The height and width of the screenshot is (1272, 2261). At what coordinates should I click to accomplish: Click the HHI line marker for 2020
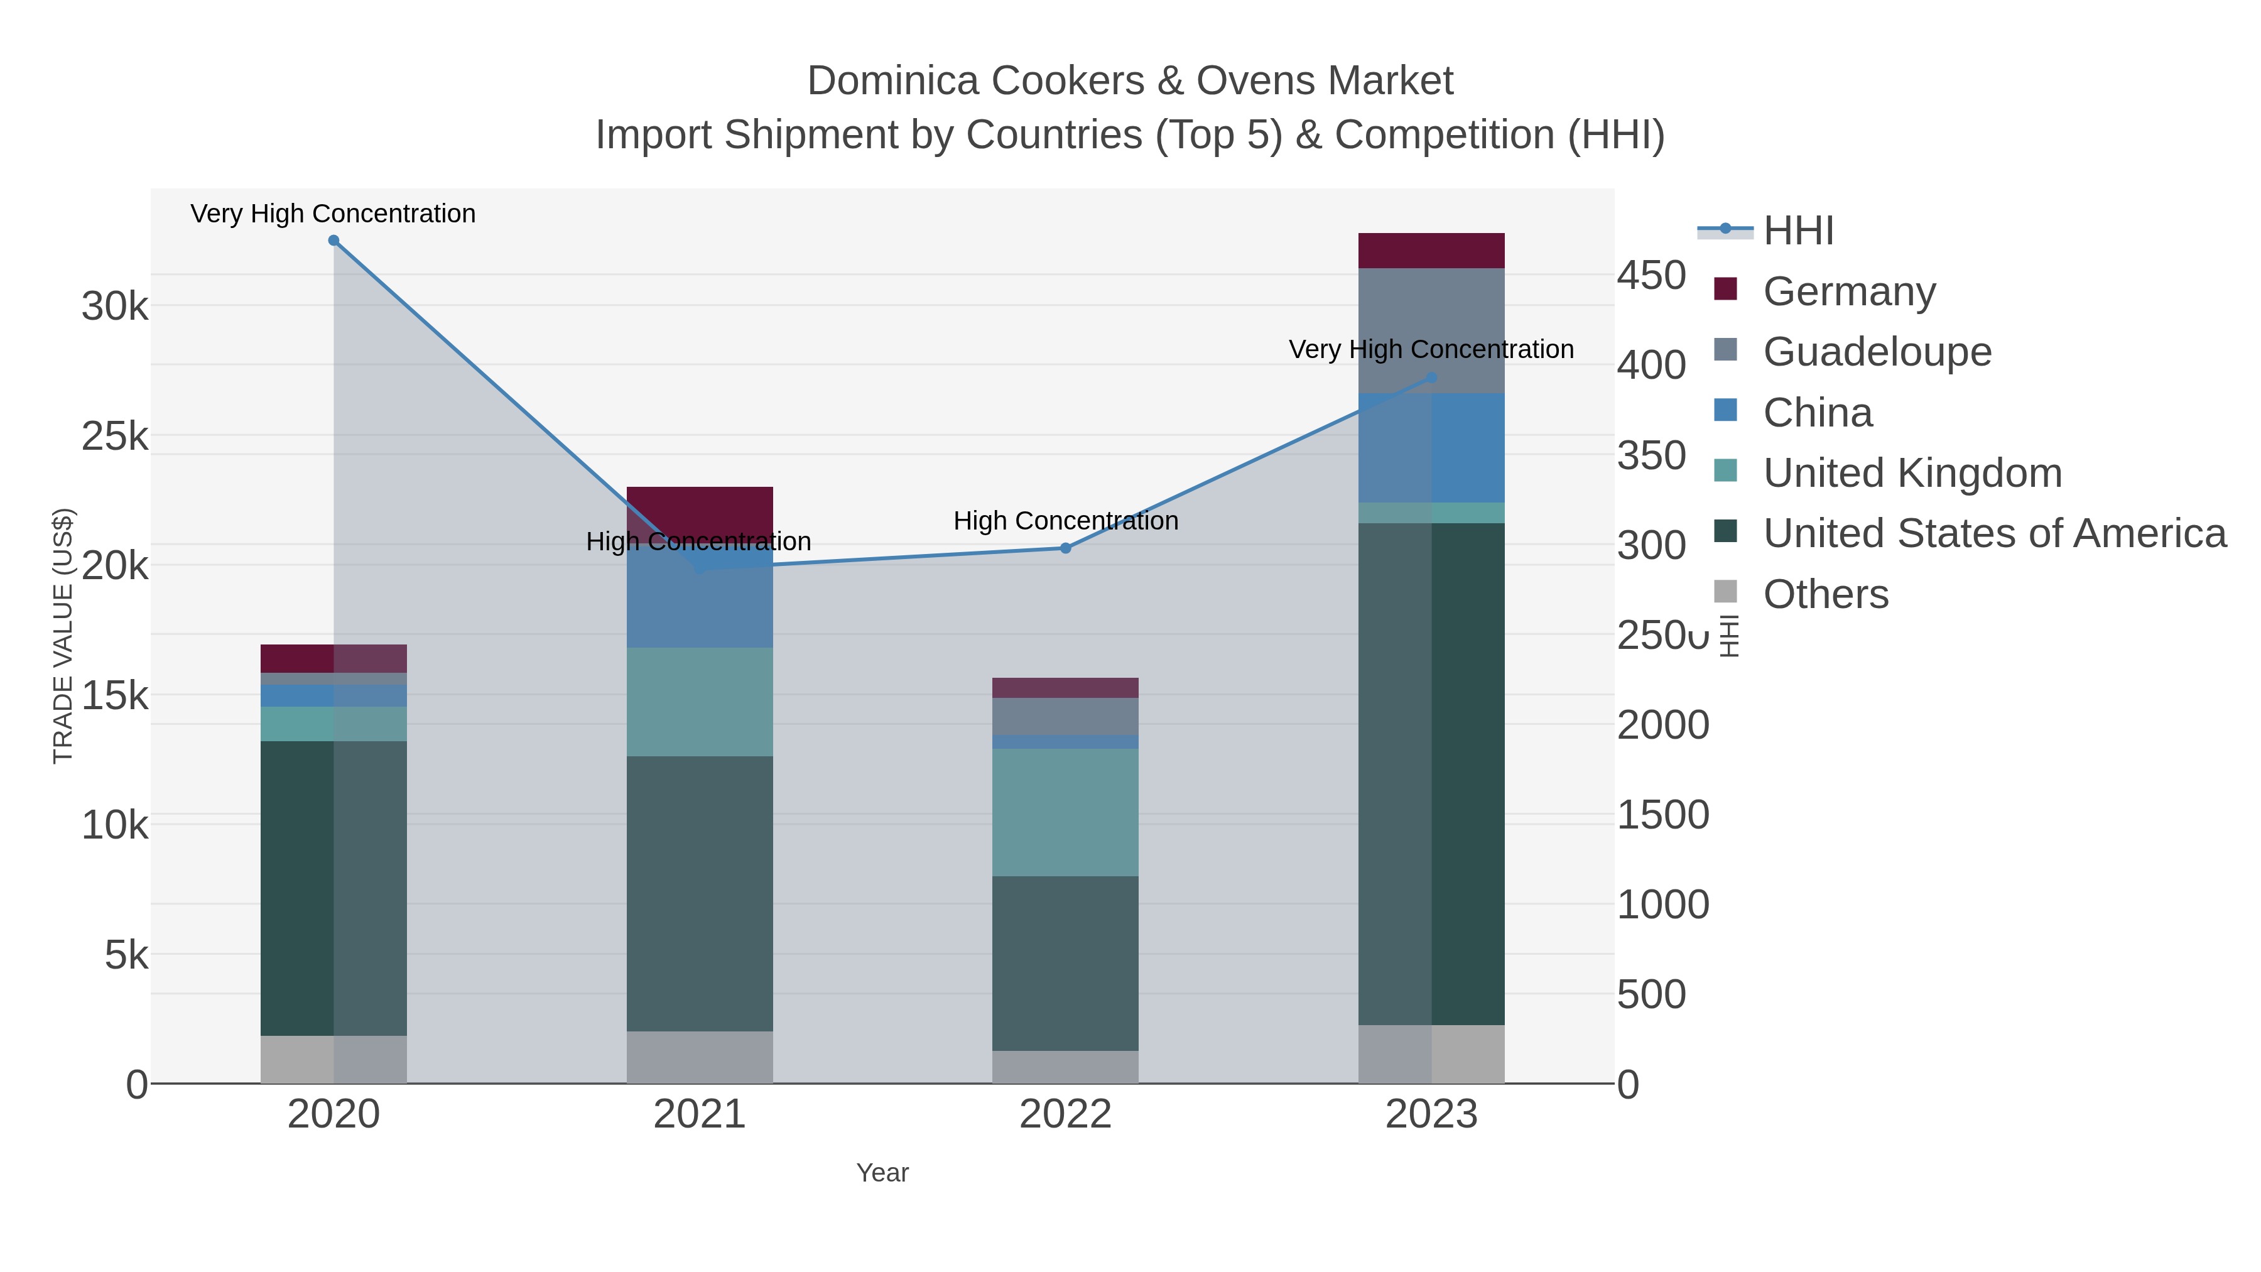click(x=333, y=241)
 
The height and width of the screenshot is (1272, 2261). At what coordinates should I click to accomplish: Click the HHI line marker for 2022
click(x=1066, y=548)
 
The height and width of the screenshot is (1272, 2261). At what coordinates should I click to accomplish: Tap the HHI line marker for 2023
click(x=1431, y=378)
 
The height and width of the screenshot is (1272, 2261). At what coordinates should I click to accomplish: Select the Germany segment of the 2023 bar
click(x=1431, y=250)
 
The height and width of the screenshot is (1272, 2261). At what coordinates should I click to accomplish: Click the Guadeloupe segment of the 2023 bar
click(x=1431, y=330)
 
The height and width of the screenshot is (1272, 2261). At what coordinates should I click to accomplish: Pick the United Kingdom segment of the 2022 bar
click(x=1066, y=812)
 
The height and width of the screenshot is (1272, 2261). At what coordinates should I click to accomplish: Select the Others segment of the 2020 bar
click(x=333, y=1060)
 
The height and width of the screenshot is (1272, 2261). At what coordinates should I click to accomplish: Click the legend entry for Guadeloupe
click(x=1877, y=351)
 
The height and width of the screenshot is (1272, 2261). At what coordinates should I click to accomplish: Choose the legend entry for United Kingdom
click(x=1912, y=472)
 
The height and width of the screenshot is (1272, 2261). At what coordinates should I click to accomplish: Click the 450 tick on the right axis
click(x=1651, y=276)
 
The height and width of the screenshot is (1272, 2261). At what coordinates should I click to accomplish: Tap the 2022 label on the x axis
click(x=1066, y=1115)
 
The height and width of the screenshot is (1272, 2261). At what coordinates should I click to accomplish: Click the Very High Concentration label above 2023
click(x=1431, y=349)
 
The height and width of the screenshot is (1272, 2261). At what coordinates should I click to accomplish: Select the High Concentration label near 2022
click(x=1066, y=521)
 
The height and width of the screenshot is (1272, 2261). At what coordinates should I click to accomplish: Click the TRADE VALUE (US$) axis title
click(x=63, y=636)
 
